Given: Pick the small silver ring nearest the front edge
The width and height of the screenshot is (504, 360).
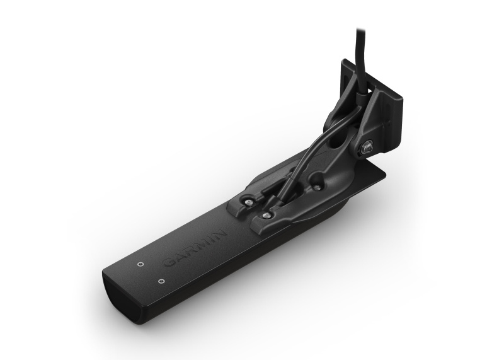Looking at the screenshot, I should [161, 281].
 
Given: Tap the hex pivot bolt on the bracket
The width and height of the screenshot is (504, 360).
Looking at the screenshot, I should [365, 148].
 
